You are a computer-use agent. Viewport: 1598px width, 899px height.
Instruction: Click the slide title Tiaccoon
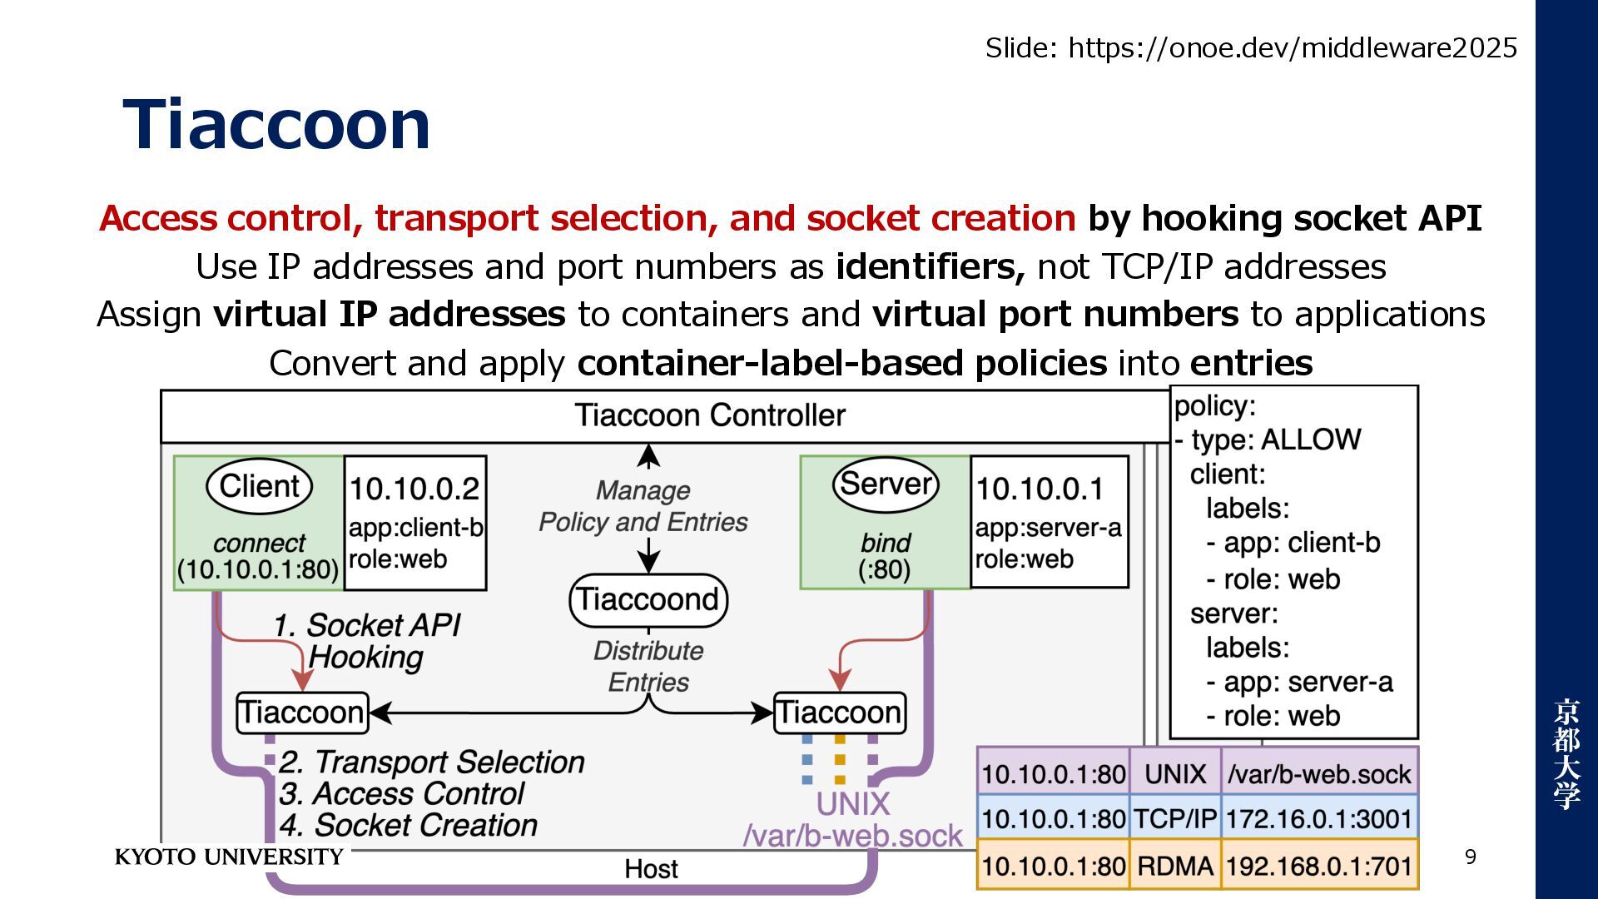(x=276, y=125)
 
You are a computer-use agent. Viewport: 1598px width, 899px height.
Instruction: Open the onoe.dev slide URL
(x=1293, y=48)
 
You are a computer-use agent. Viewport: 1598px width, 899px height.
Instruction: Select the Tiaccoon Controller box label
(x=710, y=415)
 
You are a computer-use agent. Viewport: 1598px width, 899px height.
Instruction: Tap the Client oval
(x=259, y=486)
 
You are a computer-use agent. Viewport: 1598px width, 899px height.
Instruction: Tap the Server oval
(x=885, y=484)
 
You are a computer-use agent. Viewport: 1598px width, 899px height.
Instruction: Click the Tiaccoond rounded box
(x=648, y=599)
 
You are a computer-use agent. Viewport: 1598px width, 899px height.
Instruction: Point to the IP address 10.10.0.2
(x=414, y=489)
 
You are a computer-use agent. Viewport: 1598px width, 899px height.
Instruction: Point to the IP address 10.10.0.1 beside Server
(x=1040, y=489)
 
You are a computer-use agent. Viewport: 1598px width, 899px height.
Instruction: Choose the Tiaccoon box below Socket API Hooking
(x=302, y=713)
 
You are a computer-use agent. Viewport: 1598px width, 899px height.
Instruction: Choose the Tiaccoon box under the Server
(x=839, y=713)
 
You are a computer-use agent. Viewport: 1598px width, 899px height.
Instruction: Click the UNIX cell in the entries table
(x=1174, y=774)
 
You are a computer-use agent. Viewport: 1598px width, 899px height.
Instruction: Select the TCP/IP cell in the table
(x=1174, y=819)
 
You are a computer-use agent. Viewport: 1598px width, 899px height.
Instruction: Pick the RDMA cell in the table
(x=1174, y=866)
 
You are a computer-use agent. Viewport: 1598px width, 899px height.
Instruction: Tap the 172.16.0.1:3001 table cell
(x=1319, y=819)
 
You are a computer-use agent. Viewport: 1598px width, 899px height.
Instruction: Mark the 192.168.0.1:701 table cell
(x=1319, y=866)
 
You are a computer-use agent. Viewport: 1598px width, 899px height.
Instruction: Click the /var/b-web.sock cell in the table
(x=1319, y=774)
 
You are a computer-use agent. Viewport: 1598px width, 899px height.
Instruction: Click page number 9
(x=1471, y=857)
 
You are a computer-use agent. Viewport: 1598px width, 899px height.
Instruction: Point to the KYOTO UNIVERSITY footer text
(x=229, y=857)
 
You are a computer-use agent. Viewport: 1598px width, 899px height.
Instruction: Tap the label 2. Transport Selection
(x=431, y=762)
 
